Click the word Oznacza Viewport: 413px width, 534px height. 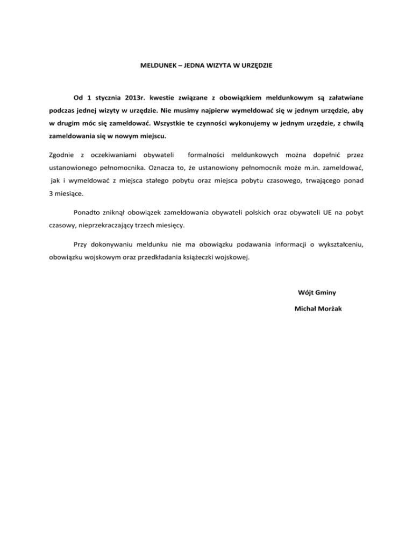165,168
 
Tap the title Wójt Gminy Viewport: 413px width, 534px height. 317,293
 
